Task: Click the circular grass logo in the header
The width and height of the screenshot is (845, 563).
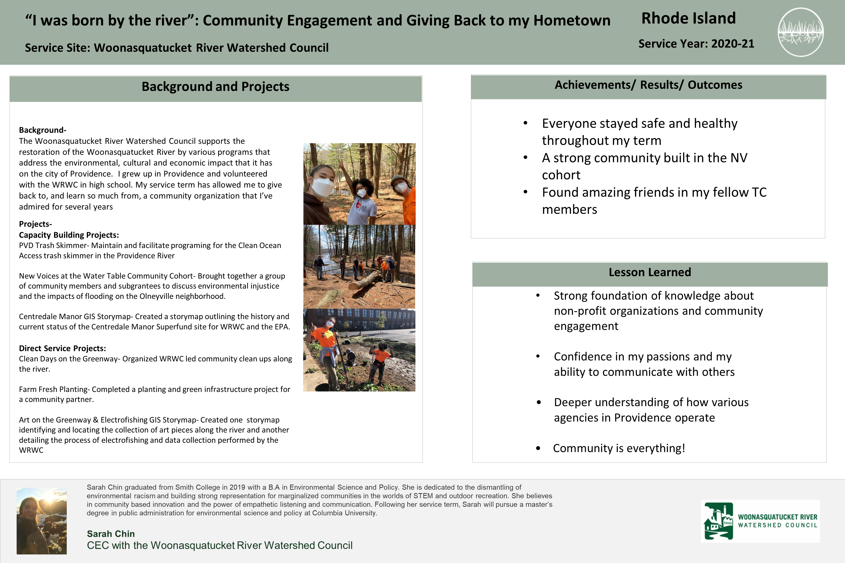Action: pyautogui.click(x=801, y=32)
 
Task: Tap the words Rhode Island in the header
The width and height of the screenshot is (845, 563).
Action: pyautogui.click(x=688, y=18)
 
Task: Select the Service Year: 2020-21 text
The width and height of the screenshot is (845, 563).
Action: pyautogui.click(x=696, y=44)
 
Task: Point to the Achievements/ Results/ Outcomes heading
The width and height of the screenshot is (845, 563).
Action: pyautogui.click(x=648, y=85)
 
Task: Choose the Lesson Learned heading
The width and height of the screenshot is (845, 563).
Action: pyautogui.click(x=650, y=272)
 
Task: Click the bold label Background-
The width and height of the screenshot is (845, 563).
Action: pyautogui.click(x=42, y=130)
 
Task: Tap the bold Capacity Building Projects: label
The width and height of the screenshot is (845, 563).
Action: pyautogui.click(x=69, y=235)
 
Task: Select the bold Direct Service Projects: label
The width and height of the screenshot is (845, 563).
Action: pyautogui.click(x=62, y=348)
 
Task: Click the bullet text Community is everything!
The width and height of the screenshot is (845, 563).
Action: pyautogui.click(x=619, y=448)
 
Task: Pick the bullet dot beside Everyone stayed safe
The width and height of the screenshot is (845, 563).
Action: pyautogui.click(x=525, y=123)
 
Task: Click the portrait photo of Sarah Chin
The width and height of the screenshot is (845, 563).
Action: pyautogui.click(x=42, y=521)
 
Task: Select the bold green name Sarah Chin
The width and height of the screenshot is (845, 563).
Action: pyautogui.click(x=111, y=534)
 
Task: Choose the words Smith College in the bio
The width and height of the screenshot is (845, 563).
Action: pyautogui.click(x=197, y=487)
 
